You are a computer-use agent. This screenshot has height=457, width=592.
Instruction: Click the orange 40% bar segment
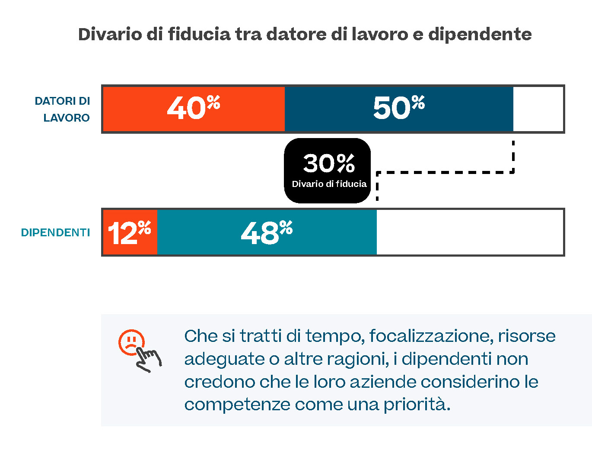[x=194, y=109]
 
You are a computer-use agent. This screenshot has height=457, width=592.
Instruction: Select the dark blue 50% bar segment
[x=398, y=109]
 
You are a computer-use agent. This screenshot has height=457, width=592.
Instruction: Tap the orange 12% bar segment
[x=130, y=232]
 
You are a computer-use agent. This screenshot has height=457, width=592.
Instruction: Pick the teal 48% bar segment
[x=267, y=232]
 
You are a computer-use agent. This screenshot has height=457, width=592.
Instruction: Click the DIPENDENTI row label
[x=55, y=233]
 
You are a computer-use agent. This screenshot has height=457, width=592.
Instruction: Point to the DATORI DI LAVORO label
[x=63, y=109]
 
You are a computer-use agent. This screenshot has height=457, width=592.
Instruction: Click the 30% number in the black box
[x=328, y=163]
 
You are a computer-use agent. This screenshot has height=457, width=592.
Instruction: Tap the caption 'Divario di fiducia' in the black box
[x=329, y=184]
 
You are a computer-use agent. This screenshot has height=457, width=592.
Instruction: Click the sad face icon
[x=130, y=342]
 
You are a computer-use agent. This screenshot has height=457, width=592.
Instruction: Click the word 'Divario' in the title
[x=109, y=34]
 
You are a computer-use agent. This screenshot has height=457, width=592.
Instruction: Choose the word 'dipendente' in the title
[x=480, y=34]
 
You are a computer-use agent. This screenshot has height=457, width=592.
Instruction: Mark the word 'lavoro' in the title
[x=379, y=34]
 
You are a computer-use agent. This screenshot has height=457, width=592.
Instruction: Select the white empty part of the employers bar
[x=538, y=109]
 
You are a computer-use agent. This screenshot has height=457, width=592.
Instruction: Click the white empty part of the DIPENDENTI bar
[x=470, y=232]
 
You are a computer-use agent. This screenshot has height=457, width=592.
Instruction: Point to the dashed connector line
[x=445, y=172]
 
